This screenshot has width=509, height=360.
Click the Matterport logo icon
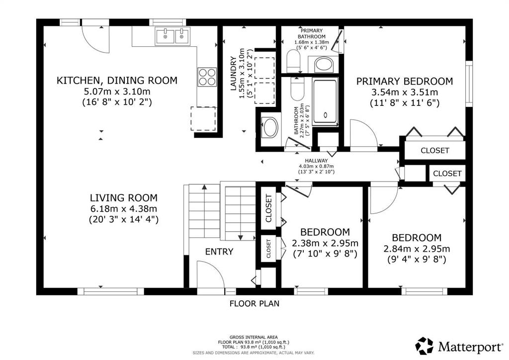[x=424, y=346]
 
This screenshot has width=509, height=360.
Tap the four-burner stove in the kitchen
[x=207, y=77]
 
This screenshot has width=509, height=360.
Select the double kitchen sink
[x=172, y=36]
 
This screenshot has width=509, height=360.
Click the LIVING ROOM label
[x=124, y=198]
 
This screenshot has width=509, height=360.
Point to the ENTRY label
[x=219, y=252]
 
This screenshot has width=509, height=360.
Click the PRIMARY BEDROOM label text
[x=405, y=81]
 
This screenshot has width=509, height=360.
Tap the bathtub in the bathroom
[x=325, y=101]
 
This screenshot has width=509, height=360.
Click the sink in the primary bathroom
[x=324, y=64]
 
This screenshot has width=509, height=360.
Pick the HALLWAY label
[x=316, y=161]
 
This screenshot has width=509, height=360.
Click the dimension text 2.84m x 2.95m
[x=417, y=249]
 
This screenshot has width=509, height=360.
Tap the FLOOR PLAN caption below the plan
[x=254, y=303]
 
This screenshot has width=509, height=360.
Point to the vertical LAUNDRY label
[x=233, y=74]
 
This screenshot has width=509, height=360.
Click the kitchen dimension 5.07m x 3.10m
[x=117, y=91]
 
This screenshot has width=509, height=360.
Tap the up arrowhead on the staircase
[x=204, y=187]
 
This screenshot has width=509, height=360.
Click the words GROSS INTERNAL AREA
[x=254, y=337]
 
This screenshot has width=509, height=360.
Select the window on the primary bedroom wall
[x=469, y=84]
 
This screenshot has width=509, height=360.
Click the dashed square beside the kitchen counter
[x=203, y=118]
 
